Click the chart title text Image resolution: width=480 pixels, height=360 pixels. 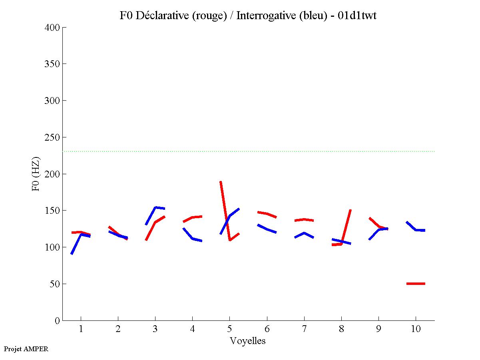coord(248,16)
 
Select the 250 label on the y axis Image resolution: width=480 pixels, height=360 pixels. coord(54,137)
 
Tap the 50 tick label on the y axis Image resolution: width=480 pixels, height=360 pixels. coord(56,284)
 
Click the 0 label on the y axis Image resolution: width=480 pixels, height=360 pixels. coord(58,321)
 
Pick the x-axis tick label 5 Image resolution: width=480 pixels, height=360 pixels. coord(229,329)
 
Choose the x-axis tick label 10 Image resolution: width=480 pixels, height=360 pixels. coord(416,329)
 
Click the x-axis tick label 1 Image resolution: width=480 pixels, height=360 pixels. coord(81,329)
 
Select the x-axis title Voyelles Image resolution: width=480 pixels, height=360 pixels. coord(248,341)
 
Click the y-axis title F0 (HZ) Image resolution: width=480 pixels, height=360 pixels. coord(36,174)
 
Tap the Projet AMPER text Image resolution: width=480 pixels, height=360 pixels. coord(26,349)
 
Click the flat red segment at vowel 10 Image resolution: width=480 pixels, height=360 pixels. coord(416,284)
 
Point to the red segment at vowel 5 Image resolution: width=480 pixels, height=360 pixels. coord(225,212)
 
